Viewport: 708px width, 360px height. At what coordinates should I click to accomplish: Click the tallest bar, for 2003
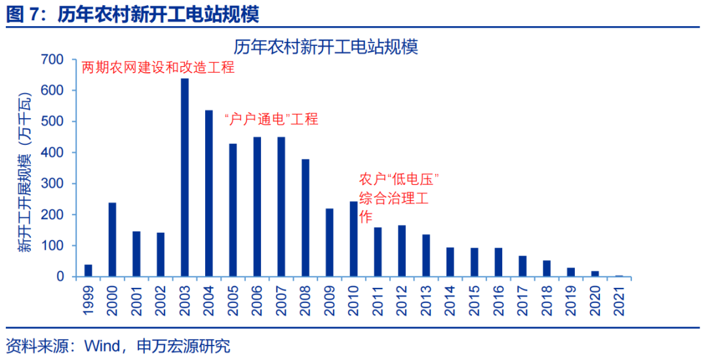point(185,178)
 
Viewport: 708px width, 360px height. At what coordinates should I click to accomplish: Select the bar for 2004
point(209,193)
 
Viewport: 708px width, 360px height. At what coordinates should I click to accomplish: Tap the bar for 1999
point(88,270)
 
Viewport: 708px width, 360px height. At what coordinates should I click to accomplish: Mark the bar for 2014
point(450,262)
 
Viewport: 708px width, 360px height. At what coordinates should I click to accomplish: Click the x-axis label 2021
point(619,299)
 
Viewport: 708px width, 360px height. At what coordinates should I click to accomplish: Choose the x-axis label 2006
point(258,299)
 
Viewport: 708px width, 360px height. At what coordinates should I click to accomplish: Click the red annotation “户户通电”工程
point(271,119)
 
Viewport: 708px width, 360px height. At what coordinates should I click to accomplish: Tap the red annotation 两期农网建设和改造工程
point(157,68)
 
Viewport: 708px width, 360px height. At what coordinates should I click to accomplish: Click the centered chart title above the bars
point(326,47)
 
